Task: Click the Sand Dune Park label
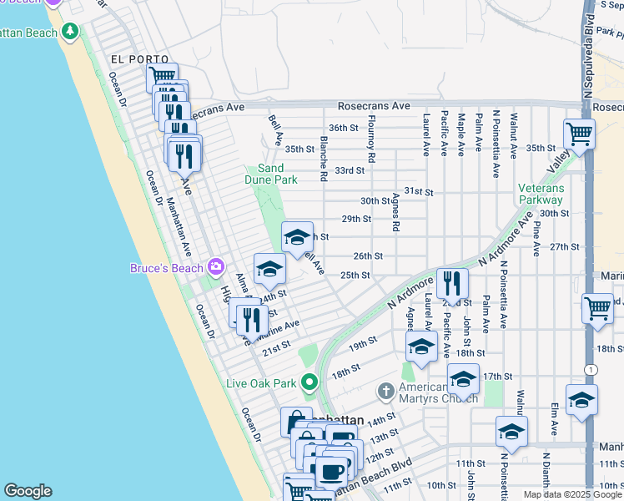click(271, 174)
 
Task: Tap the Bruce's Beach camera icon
click(216, 267)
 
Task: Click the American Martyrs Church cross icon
click(385, 391)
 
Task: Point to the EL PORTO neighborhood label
click(139, 59)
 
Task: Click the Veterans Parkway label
click(541, 194)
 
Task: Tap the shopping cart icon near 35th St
click(578, 134)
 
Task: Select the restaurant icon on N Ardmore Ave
click(451, 284)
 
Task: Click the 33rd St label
click(350, 170)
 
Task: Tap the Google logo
click(28, 491)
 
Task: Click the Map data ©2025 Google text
click(571, 494)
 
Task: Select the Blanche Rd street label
click(323, 159)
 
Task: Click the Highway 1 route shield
click(591, 369)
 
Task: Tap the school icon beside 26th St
click(297, 237)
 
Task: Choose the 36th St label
click(343, 128)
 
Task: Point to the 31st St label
click(419, 192)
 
